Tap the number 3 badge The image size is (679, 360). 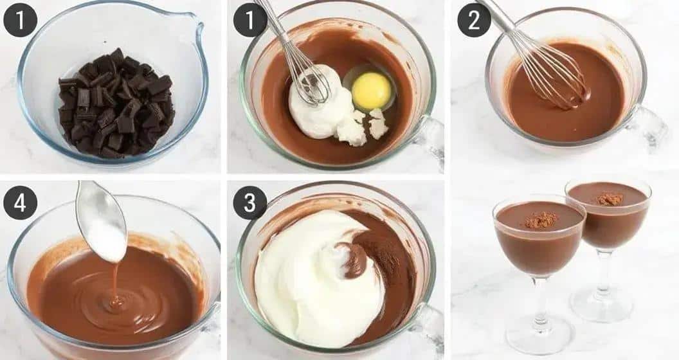tap(249, 203)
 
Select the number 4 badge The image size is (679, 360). tap(19, 203)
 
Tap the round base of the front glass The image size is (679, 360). tap(539, 339)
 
